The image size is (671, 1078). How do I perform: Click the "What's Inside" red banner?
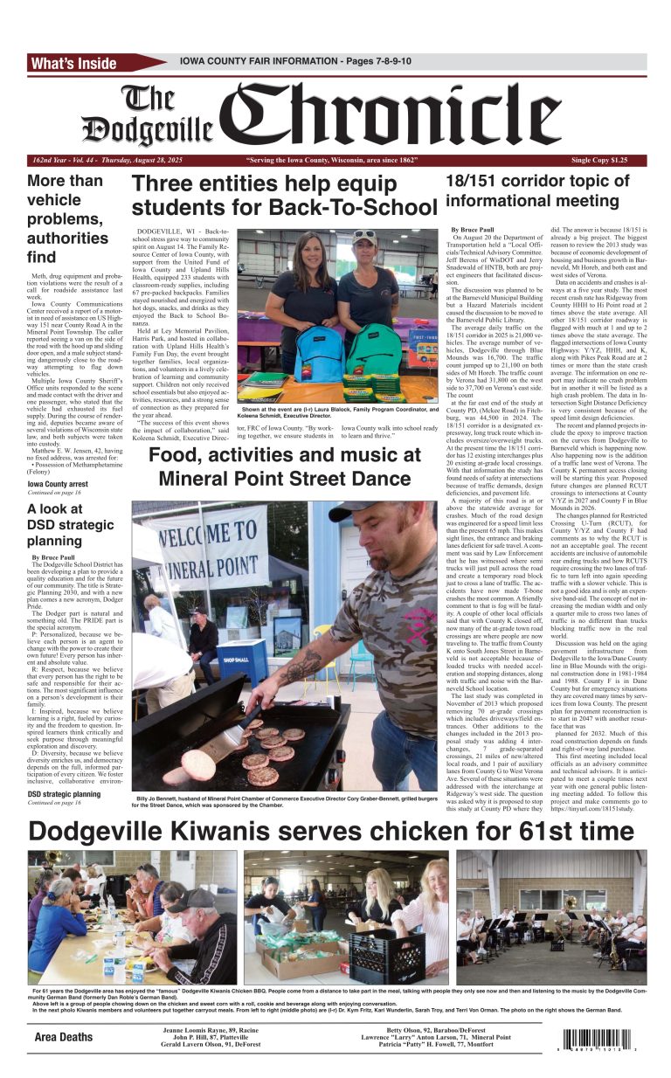[74, 63]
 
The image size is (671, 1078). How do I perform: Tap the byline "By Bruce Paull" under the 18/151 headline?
[473, 230]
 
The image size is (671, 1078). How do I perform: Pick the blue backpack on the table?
[321, 349]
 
